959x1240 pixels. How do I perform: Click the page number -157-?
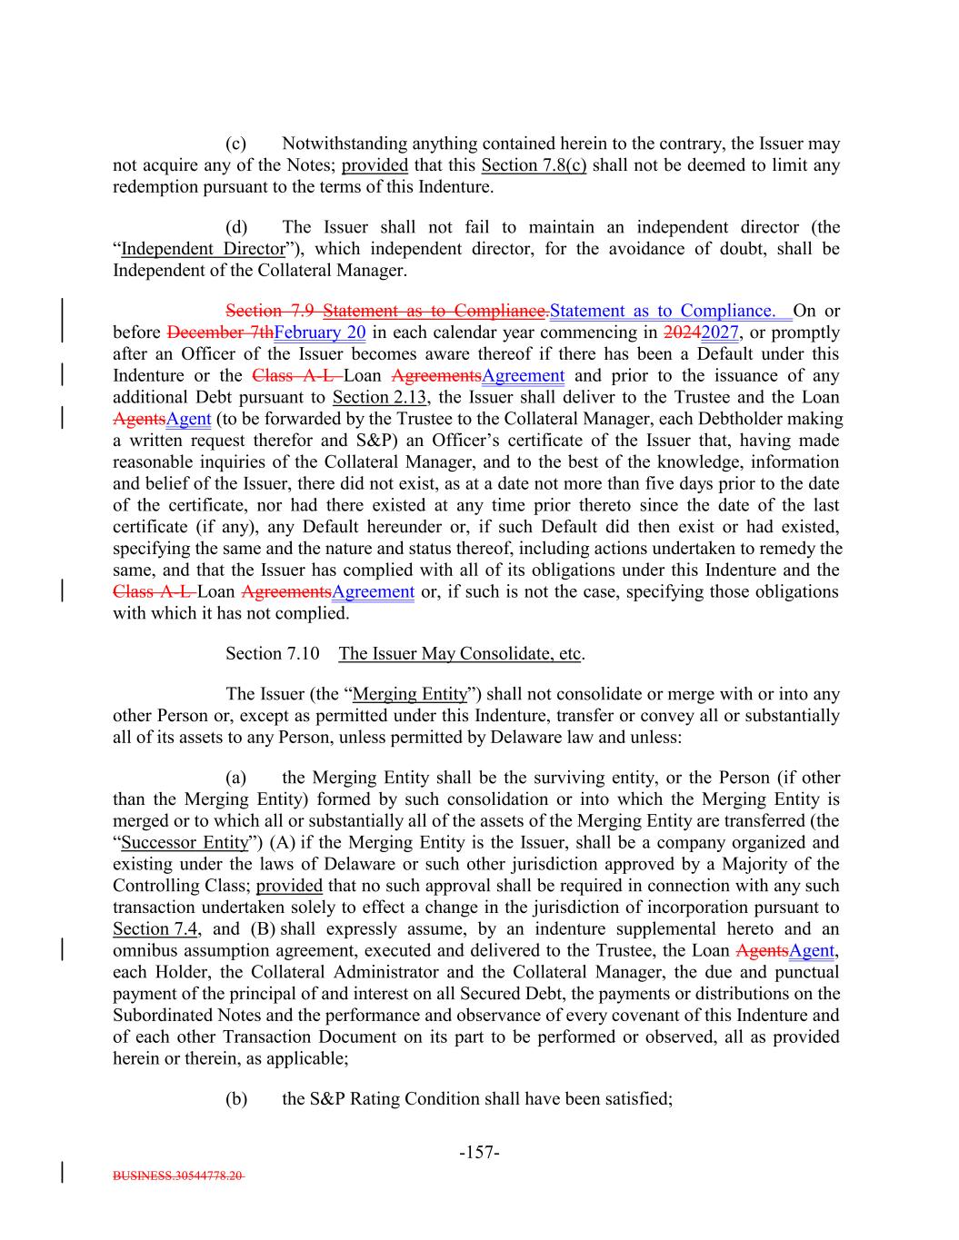click(479, 1153)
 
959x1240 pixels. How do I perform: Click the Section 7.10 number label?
click(273, 654)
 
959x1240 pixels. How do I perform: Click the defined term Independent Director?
click(203, 249)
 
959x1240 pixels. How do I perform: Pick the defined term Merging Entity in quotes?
click(411, 694)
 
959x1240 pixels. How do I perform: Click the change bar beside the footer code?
click(62, 1170)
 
